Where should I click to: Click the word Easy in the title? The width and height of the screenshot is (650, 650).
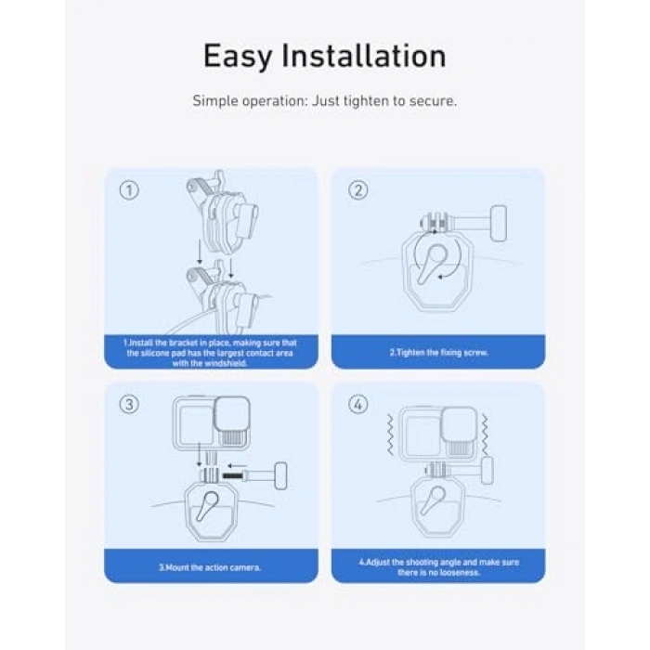(x=237, y=57)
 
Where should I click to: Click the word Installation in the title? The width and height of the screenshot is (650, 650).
(x=364, y=55)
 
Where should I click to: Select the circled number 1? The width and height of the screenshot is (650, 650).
(x=129, y=190)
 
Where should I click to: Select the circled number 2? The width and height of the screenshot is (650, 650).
(x=358, y=190)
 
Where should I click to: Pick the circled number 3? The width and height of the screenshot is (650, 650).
(x=129, y=404)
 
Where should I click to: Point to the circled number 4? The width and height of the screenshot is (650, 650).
(x=358, y=404)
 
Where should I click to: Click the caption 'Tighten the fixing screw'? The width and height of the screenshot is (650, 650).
(x=438, y=353)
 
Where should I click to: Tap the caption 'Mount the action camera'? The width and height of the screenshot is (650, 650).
(x=210, y=567)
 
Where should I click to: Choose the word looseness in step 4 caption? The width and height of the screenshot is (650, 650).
(x=459, y=573)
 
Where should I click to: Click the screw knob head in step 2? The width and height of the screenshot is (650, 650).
(x=499, y=224)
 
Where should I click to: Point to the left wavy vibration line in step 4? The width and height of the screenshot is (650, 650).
(x=390, y=435)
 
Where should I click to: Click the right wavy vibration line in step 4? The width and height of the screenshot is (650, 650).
(x=485, y=435)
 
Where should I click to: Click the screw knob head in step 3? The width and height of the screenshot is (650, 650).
(x=281, y=475)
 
